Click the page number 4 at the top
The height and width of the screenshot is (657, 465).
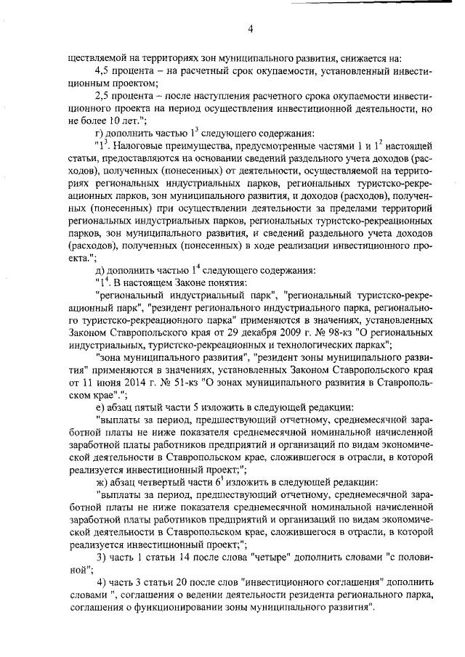tap(250, 28)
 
